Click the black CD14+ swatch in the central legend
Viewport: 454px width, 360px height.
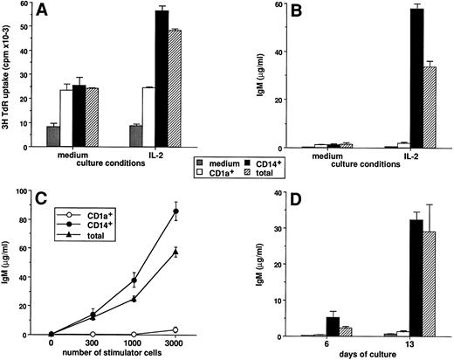tap(249, 162)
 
